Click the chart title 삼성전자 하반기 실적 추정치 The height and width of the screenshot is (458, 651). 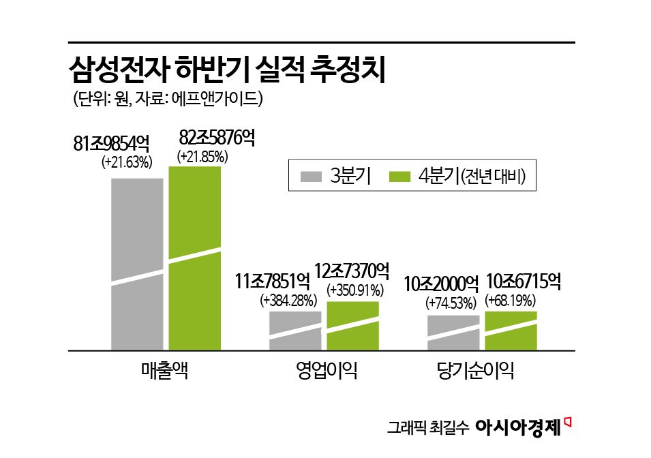tap(228, 71)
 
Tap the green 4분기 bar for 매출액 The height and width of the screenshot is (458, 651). tap(195, 258)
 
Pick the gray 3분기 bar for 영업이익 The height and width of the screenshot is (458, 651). tap(295, 331)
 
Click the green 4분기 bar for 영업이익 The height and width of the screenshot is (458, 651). tap(352, 326)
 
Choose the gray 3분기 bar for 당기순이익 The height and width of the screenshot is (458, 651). tap(453, 333)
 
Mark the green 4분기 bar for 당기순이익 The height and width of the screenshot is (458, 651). tap(511, 331)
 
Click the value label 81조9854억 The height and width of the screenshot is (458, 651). tap(111, 144)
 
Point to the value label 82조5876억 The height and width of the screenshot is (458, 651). tap(216, 138)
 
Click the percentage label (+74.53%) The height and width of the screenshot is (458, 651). tap(451, 302)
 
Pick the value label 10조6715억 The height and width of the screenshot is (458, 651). tap(524, 281)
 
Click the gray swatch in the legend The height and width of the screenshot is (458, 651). tap(311, 177)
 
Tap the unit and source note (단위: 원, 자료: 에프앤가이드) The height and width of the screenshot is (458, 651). tap(168, 99)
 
